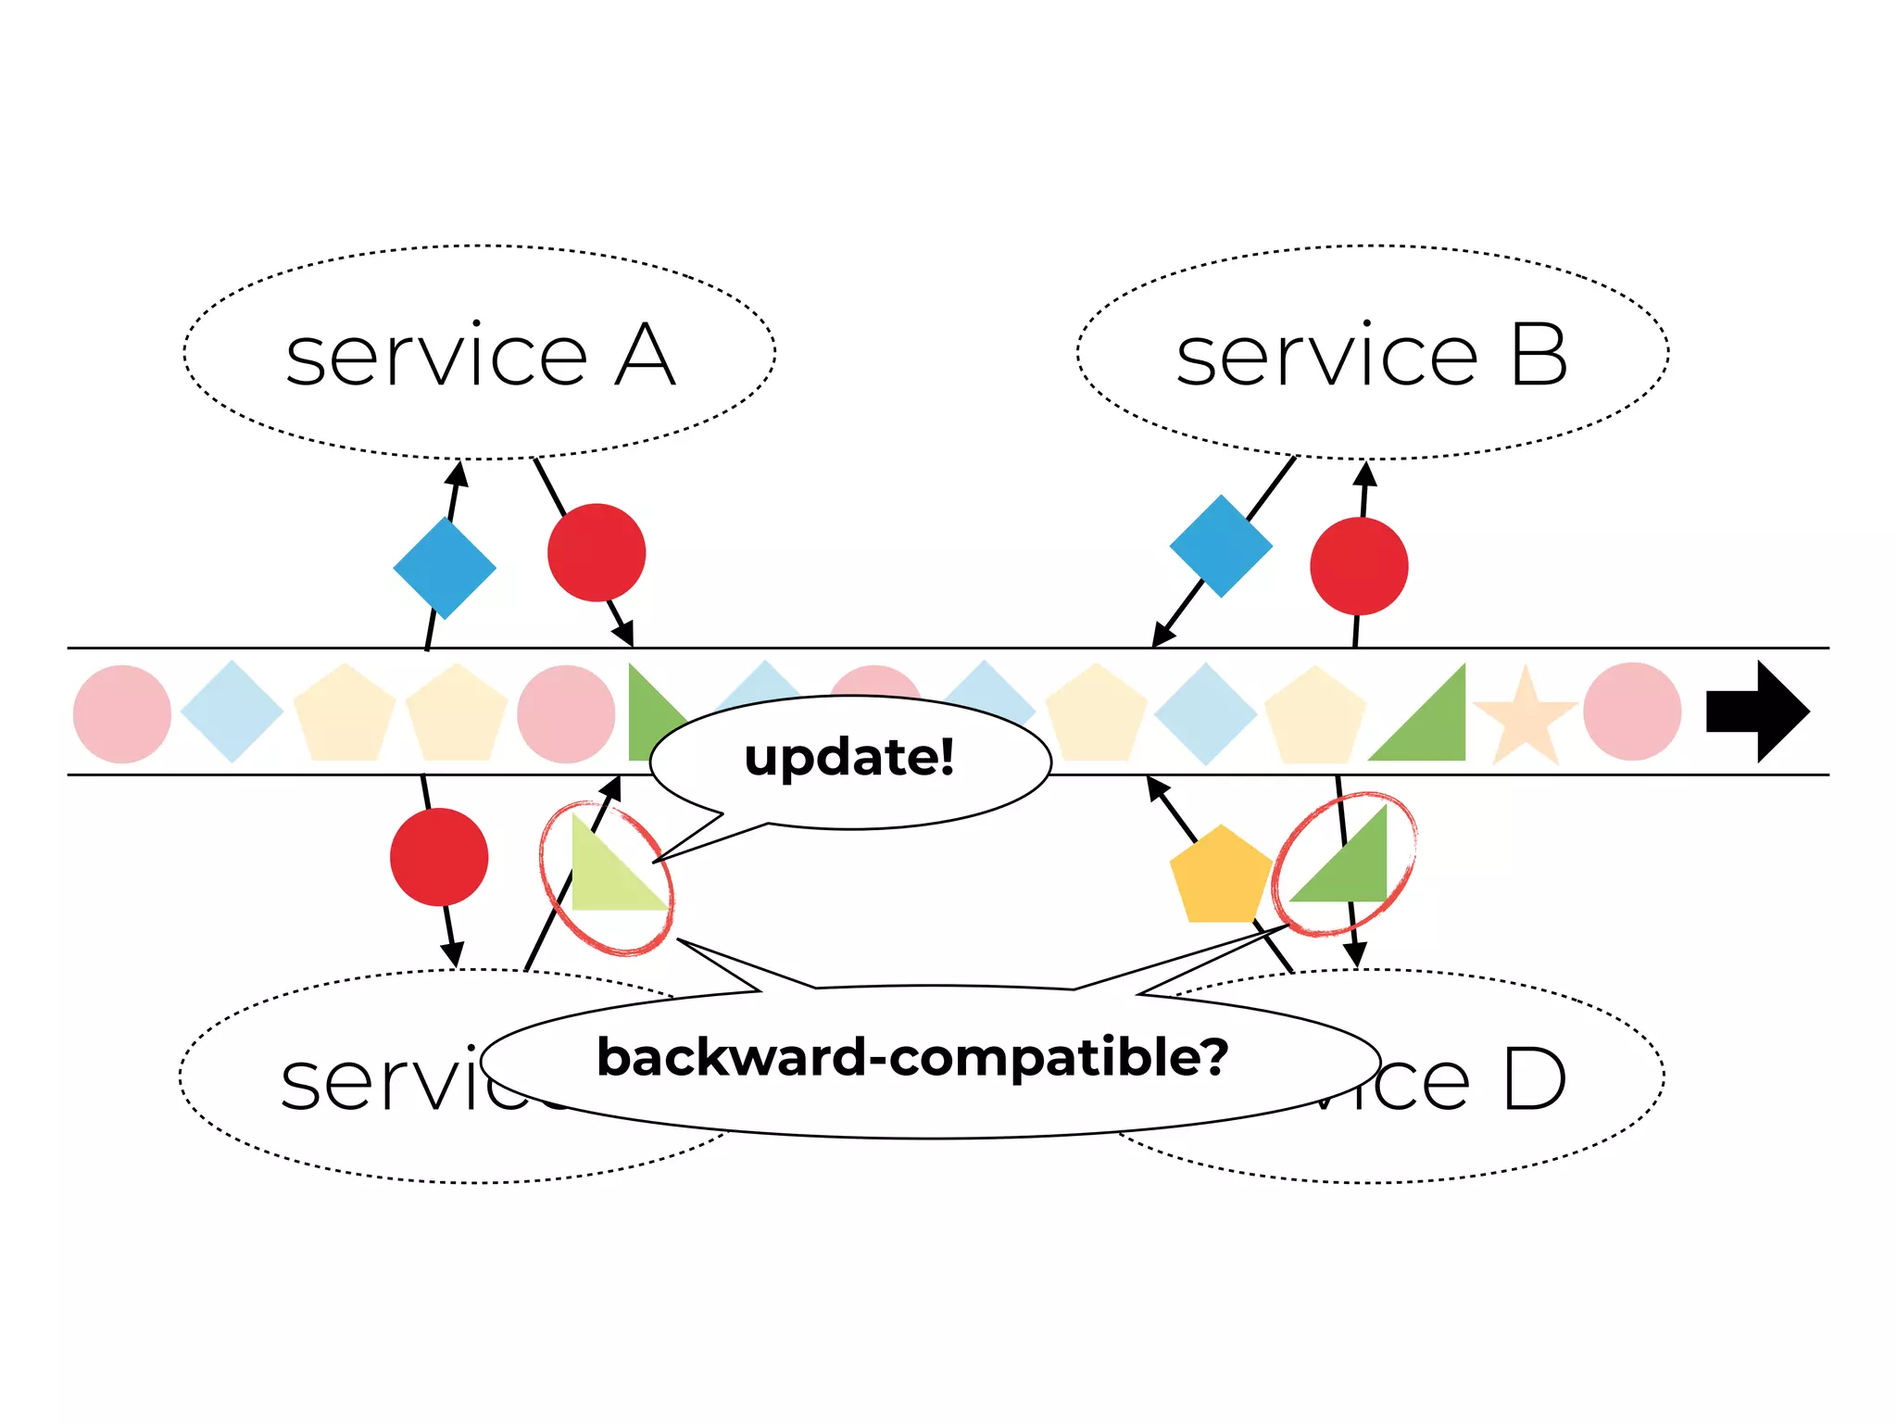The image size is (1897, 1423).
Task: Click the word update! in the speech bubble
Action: (849, 758)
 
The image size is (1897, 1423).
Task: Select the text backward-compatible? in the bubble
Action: (912, 1057)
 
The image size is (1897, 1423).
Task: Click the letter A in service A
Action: (645, 356)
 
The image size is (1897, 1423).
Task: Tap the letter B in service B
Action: (1539, 356)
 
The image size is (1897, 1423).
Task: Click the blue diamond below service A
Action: (445, 568)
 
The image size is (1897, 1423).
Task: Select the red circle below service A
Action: (597, 553)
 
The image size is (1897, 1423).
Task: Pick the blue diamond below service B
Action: (1221, 546)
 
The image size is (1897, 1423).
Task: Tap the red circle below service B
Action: (1359, 566)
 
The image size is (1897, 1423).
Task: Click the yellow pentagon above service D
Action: (1220, 876)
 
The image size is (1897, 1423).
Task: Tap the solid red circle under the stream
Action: (439, 857)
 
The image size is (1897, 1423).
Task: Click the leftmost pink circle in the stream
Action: (122, 713)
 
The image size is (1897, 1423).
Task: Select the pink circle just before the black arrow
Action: (1632, 711)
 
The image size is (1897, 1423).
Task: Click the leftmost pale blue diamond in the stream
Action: (232, 711)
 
